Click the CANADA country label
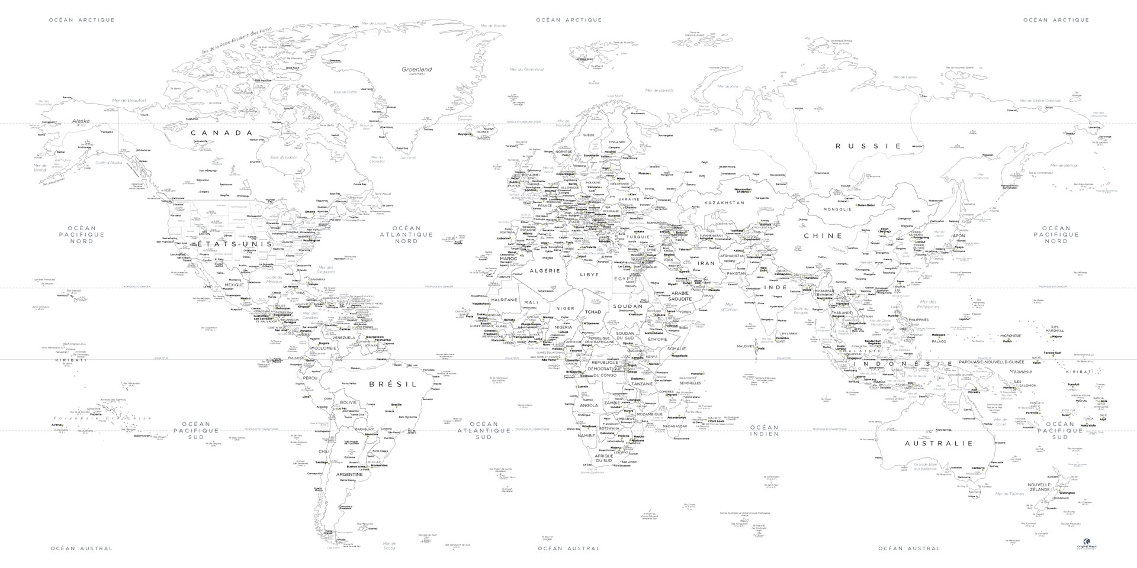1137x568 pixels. point(221,133)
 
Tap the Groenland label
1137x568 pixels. point(417,70)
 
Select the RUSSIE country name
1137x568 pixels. point(868,146)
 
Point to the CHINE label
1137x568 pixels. point(823,235)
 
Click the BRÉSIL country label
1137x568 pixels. point(393,384)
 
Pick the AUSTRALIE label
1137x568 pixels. point(939,443)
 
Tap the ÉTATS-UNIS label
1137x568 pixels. point(235,244)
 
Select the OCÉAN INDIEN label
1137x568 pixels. point(764,430)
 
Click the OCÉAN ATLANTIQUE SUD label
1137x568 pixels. point(483,430)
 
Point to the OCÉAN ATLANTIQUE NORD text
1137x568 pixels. point(406,234)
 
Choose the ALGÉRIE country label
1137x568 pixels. point(544,271)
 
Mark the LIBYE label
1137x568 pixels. point(589,275)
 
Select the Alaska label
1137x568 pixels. point(81,121)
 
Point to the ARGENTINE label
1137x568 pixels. point(349,475)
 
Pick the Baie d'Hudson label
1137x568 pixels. point(284,157)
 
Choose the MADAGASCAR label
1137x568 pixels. point(675,426)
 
